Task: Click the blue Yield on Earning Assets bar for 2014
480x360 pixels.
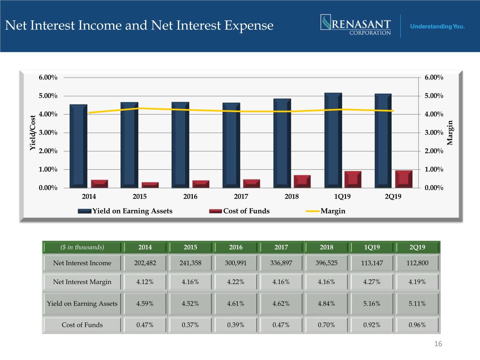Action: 78,146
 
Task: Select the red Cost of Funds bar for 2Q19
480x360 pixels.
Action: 404,179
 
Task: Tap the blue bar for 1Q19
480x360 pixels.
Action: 333,140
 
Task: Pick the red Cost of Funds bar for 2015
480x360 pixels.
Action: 150,185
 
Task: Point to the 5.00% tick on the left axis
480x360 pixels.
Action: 48,96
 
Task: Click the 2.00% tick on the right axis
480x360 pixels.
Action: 434,151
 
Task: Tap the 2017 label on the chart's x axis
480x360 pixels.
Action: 241,197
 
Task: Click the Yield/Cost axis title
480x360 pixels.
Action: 33,133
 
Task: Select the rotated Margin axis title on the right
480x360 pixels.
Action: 450,133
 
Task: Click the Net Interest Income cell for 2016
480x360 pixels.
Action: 236,263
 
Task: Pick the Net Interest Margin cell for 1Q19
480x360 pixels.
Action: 372,282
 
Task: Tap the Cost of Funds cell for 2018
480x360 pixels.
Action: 326,325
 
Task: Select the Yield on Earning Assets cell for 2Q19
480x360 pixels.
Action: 417,303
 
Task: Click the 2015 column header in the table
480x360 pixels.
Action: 190,247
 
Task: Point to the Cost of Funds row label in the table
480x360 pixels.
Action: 82,325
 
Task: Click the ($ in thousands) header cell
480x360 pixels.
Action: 82,247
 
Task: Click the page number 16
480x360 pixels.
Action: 438,344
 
